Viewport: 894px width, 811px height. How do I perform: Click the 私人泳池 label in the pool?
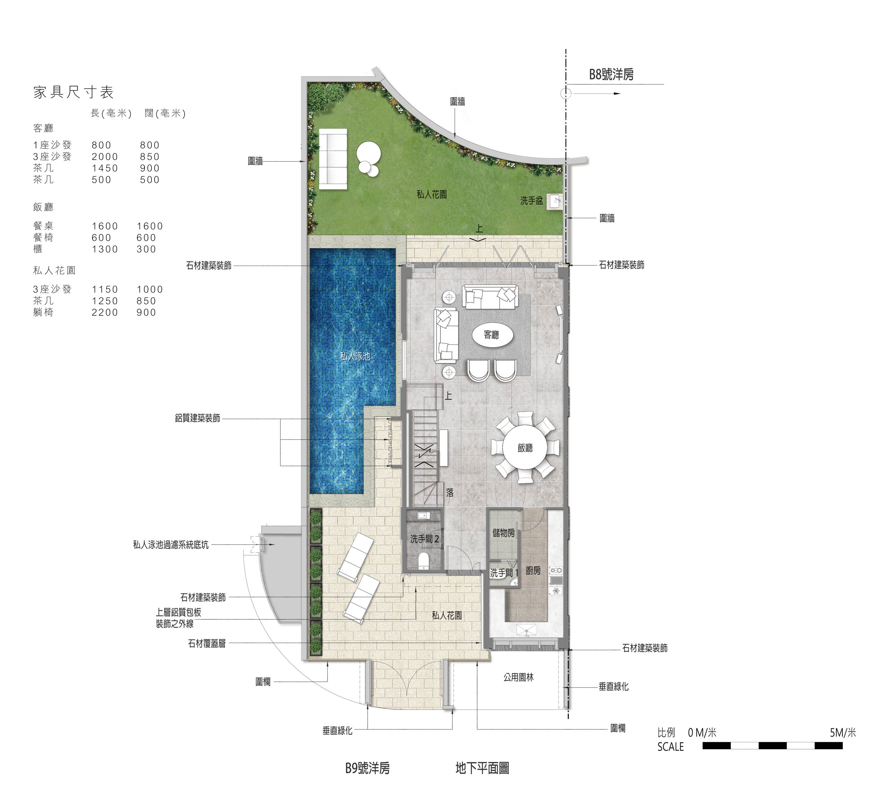tap(355, 356)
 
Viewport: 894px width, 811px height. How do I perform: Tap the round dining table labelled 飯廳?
tap(525, 447)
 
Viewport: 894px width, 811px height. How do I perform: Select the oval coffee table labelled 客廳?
tap(492, 335)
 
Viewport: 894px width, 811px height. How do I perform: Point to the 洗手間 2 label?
tap(424, 539)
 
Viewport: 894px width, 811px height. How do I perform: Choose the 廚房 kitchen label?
tap(534, 571)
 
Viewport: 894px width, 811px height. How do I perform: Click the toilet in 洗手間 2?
tap(424, 561)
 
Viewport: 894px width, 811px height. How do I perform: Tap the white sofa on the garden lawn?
tap(333, 159)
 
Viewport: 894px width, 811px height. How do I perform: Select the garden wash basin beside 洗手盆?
tap(555, 201)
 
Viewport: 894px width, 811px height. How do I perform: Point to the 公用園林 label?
tap(519, 678)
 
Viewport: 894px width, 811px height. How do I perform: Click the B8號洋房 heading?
tap(611, 74)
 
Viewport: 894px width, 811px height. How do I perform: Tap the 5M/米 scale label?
tap(843, 733)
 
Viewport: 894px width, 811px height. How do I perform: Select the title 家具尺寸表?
tap(74, 92)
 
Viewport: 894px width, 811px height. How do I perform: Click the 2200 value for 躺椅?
tap(105, 313)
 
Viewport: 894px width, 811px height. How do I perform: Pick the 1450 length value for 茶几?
tap(105, 168)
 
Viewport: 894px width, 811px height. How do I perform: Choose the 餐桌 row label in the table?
tap(43, 226)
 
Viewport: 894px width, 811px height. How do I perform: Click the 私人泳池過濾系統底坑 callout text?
tap(171, 545)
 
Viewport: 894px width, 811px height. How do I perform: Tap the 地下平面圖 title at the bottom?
tap(482, 768)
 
